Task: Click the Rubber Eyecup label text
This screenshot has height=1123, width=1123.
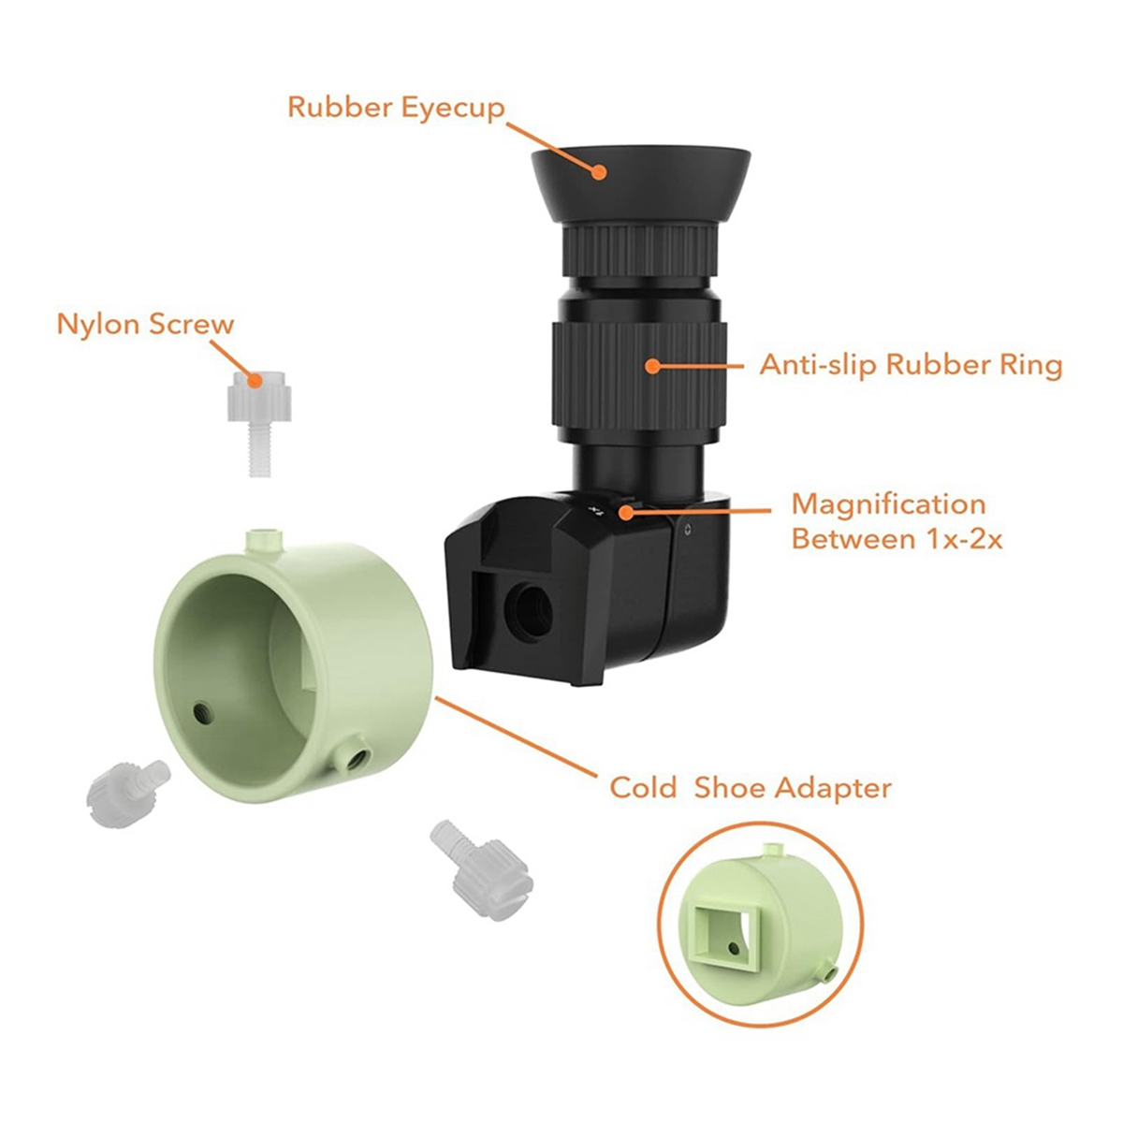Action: click(395, 107)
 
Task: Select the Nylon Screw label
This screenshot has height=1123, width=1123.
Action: click(145, 325)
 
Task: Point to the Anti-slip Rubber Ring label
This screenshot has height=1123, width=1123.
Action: click(911, 364)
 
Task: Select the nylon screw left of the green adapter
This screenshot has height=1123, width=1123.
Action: click(126, 785)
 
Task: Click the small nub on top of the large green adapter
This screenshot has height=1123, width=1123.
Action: click(265, 539)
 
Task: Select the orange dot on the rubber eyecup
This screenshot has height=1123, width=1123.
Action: click(599, 170)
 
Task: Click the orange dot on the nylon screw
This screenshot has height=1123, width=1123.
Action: click(253, 380)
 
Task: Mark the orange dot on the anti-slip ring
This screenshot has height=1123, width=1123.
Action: click(652, 365)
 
